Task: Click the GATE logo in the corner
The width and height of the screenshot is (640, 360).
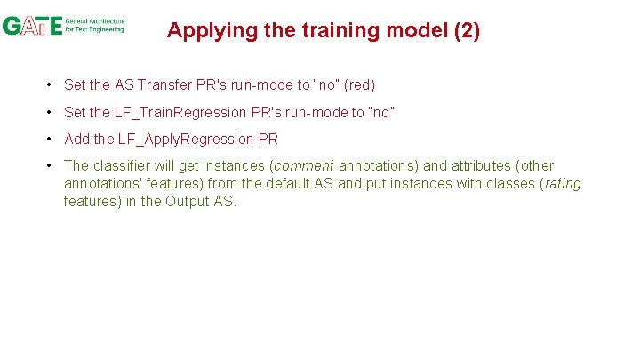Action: pos(33,25)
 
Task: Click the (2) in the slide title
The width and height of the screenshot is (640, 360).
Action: pos(467,31)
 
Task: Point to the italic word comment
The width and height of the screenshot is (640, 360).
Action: pos(304,165)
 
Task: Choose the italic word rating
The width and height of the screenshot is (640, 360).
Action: pos(562,183)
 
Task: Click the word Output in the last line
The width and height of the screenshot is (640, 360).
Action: pos(186,201)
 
